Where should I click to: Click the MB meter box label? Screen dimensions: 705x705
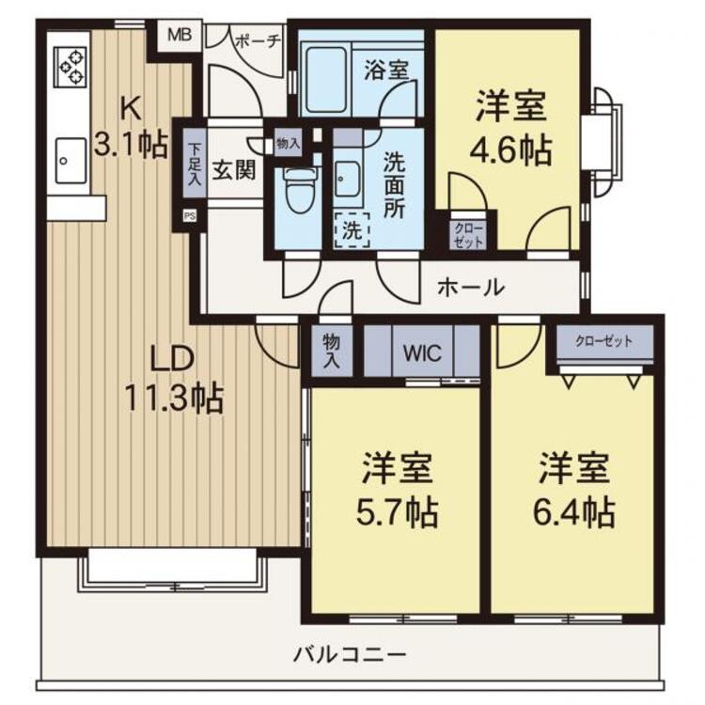coord(180,35)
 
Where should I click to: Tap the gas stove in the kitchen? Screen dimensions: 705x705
coord(70,67)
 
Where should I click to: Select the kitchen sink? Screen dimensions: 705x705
coord(70,161)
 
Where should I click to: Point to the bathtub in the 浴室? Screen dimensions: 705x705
coord(326,80)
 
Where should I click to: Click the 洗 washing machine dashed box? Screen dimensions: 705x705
coord(352,230)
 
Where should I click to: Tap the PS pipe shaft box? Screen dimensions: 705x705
coord(190,216)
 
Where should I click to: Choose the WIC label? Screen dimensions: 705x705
coord(422,352)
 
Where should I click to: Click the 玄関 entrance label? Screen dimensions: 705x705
coord(234,170)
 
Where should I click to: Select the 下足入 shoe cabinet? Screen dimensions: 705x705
coord(195,164)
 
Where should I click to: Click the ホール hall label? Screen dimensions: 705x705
coord(471,287)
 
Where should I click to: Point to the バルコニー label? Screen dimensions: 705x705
coord(350,654)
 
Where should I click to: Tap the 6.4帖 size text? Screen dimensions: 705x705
coord(573,512)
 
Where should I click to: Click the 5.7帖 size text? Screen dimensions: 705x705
coord(397,512)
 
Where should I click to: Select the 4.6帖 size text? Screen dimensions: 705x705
coord(510,150)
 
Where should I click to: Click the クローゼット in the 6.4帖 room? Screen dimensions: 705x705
coord(604,343)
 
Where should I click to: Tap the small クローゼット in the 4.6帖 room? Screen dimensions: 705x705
coord(468,235)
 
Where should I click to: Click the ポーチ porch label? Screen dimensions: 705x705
coord(258,41)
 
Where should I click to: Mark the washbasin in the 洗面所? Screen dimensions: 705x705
coord(347,179)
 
